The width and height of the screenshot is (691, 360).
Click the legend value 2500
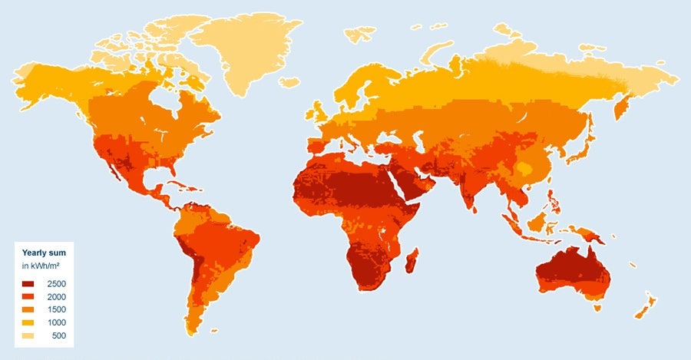pos(56,284)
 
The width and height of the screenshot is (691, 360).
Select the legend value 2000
pos(56,297)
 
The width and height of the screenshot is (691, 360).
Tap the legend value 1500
pos(56,310)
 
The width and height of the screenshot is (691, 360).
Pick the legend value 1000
pos(56,323)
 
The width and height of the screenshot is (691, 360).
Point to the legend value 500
pos(58,336)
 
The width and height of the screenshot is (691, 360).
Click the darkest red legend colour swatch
pos(28,284)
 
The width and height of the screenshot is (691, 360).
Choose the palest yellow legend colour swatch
pos(28,336)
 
